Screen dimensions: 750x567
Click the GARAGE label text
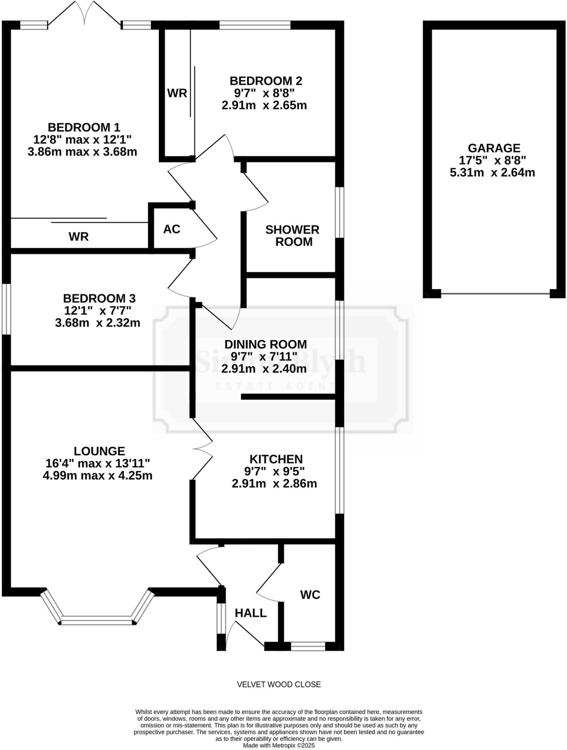[x=494, y=148]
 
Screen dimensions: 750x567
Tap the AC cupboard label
[x=172, y=229]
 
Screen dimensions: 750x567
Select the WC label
[x=310, y=595]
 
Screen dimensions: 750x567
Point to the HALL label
[x=251, y=613]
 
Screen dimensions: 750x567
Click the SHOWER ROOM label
[x=292, y=235]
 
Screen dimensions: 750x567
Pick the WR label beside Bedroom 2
[x=177, y=93]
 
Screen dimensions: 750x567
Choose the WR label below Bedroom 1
[x=79, y=237]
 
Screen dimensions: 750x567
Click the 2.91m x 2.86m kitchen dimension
[x=274, y=483]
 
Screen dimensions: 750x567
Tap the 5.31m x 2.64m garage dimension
[x=492, y=172]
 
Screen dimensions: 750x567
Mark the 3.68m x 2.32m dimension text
[x=98, y=323]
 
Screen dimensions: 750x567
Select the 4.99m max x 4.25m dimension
[x=97, y=475]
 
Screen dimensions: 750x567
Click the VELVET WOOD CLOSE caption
[x=279, y=684]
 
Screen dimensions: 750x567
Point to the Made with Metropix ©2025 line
[x=279, y=745]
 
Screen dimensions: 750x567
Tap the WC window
[x=308, y=646]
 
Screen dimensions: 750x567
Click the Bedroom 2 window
[x=255, y=25]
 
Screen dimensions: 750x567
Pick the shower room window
[x=340, y=212]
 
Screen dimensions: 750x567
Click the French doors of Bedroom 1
[x=85, y=15]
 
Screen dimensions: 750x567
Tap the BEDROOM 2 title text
[x=266, y=81]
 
